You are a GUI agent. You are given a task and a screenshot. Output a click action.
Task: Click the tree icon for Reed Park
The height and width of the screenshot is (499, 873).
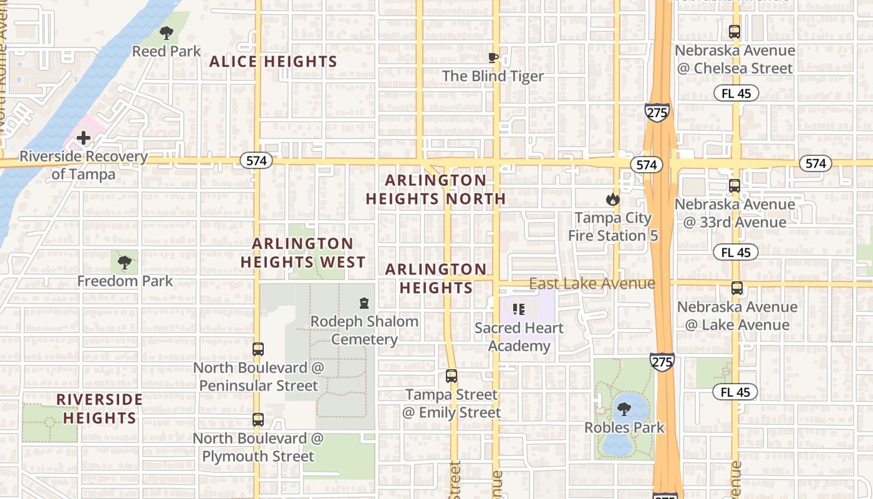pyautogui.click(x=166, y=32)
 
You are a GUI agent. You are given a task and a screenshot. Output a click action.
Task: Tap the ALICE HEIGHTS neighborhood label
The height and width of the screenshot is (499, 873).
pyautogui.click(x=273, y=62)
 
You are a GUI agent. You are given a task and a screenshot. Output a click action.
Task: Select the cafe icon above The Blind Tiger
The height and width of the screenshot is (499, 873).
pyautogui.click(x=493, y=58)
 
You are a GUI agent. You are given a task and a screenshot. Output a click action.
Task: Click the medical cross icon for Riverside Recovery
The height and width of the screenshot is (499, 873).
pyautogui.click(x=84, y=138)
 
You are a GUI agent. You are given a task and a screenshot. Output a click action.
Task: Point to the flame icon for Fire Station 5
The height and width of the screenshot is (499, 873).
pyautogui.click(x=612, y=200)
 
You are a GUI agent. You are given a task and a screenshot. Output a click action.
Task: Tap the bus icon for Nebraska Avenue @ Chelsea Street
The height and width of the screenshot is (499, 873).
pyautogui.click(x=735, y=32)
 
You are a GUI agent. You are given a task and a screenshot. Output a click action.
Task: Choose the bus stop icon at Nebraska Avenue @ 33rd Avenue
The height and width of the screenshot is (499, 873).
pyautogui.click(x=735, y=186)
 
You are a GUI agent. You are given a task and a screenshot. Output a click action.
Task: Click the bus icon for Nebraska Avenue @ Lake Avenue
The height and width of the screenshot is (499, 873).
pyautogui.click(x=736, y=288)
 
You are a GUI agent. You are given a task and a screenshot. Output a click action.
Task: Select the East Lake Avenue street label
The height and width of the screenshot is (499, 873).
pyautogui.click(x=592, y=284)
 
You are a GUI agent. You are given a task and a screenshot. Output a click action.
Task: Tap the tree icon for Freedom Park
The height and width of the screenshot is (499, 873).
pyautogui.click(x=125, y=263)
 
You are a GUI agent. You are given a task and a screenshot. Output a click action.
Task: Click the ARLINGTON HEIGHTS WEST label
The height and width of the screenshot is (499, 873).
pyautogui.click(x=303, y=253)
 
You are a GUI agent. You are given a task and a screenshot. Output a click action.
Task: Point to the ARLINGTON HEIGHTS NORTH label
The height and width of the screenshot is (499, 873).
pyautogui.click(x=435, y=190)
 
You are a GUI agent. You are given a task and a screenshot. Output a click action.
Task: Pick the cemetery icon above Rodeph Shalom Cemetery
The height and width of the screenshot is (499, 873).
pyautogui.click(x=364, y=303)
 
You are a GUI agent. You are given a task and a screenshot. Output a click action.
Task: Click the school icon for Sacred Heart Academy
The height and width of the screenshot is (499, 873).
pyautogui.click(x=519, y=309)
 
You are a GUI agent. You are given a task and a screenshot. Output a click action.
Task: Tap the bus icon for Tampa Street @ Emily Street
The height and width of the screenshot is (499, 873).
pyautogui.click(x=451, y=376)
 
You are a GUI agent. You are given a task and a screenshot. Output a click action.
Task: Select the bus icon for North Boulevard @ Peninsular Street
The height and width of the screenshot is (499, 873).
pyautogui.click(x=258, y=349)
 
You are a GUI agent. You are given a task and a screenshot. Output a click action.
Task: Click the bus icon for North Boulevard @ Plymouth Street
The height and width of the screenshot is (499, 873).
pyautogui.click(x=258, y=420)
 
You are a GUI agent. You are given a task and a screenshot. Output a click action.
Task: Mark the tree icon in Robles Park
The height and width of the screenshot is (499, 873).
pyautogui.click(x=624, y=409)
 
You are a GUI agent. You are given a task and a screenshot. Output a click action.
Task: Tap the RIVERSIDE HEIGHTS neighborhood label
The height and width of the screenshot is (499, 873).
pyautogui.click(x=100, y=409)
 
